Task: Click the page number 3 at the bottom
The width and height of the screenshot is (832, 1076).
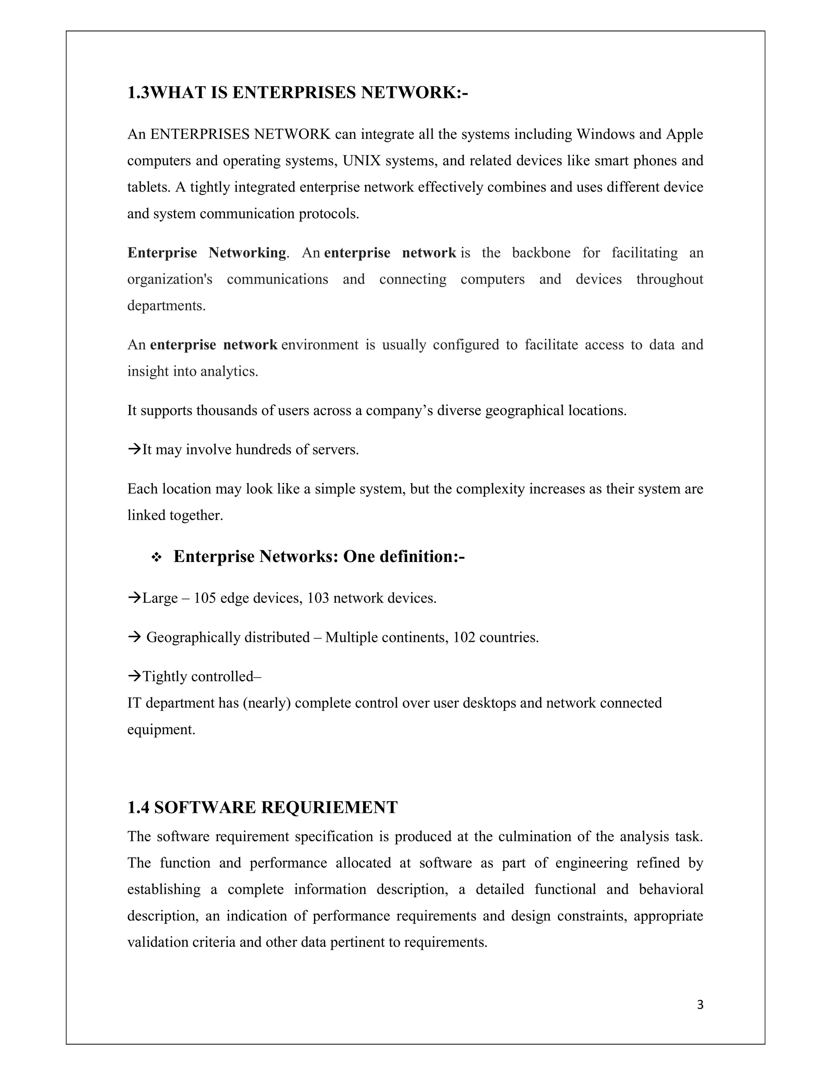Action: (700, 1005)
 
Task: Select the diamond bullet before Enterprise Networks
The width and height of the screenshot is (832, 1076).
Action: (156, 558)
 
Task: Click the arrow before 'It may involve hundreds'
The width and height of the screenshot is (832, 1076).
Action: (134, 449)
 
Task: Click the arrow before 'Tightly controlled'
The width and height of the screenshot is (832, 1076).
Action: (134, 676)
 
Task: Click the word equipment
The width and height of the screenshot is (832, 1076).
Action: (161, 730)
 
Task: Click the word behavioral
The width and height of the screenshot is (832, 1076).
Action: (671, 889)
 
